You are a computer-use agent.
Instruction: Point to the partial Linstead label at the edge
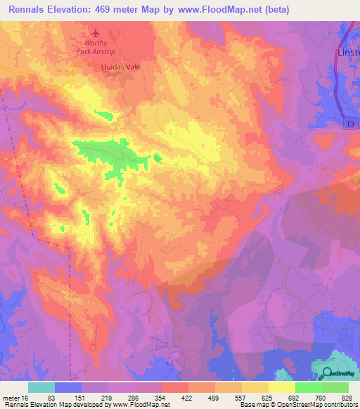click(348, 53)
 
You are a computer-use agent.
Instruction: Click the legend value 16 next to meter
click(25, 398)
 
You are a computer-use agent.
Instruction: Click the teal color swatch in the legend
click(41, 387)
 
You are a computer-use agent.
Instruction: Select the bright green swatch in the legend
click(309, 387)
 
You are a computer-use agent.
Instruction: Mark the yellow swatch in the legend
click(282, 387)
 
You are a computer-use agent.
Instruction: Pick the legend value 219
click(108, 398)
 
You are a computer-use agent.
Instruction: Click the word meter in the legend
click(11, 398)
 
